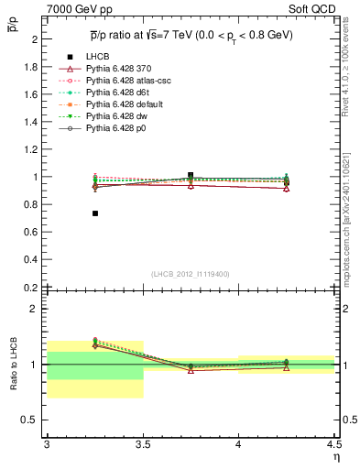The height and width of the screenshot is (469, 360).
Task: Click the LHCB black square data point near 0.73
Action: (x=95, y=213)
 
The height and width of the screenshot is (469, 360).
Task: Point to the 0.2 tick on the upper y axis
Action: (x=31, y=287)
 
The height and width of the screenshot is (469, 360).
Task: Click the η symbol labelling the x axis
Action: (x=335, y=458)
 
